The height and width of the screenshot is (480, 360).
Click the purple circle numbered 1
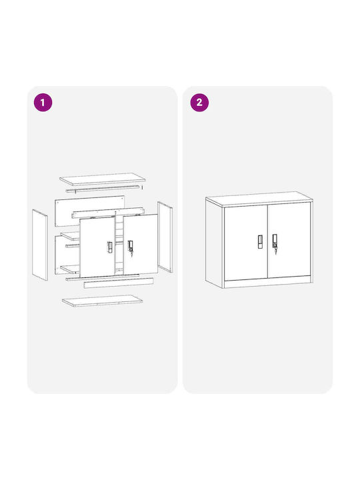(43, 102)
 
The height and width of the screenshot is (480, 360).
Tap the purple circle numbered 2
(199, 102)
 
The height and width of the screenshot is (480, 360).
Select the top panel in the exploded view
(102, 179)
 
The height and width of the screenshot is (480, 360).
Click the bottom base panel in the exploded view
(102, 301)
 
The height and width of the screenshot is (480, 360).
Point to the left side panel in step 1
(40, 245)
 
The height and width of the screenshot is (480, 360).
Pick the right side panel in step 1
(165, 237)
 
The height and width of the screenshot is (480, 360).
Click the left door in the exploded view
(97, 247)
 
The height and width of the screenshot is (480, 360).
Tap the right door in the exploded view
(140, 244)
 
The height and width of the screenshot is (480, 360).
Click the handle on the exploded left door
(109, 247)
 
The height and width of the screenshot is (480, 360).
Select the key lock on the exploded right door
(131, 247)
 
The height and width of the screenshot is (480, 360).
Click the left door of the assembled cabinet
(246, 243)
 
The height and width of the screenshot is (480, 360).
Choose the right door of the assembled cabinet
(289, 240)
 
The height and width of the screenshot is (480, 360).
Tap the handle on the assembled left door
(260, 241)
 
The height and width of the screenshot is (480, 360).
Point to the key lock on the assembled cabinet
(275, 243)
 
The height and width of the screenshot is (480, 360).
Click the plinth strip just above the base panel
(119, 283)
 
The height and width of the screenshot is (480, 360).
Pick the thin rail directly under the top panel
(104, 189)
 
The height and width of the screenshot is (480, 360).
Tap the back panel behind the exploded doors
(89, 211)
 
